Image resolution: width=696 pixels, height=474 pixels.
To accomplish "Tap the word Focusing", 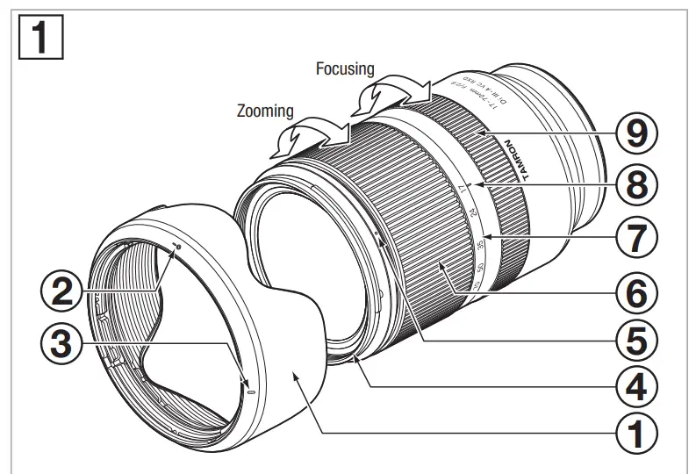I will click(x=345, y=68).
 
